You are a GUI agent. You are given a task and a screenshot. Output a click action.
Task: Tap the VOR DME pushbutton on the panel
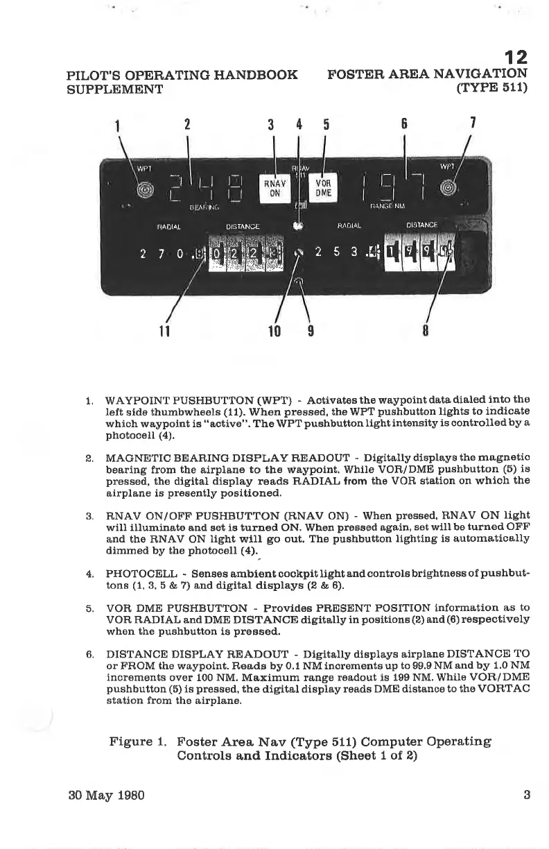pos(322,188)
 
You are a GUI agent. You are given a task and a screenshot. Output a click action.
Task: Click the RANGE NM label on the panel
pos(387,205)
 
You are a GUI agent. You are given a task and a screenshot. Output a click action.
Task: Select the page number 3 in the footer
pos(527,795)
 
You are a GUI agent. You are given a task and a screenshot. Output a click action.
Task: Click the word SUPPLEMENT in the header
pos(114,89)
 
